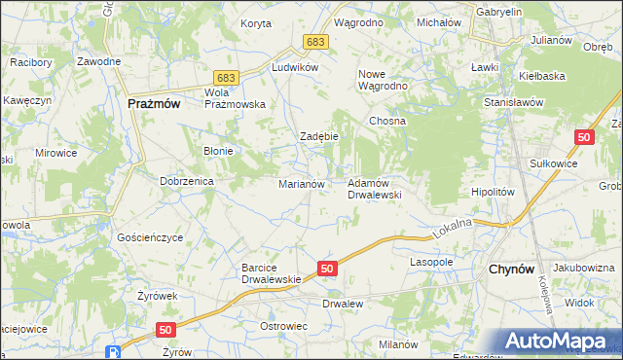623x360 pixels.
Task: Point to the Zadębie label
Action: [318, 136]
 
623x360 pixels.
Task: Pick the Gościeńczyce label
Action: [150, 237]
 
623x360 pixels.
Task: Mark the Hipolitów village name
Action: [492, 193]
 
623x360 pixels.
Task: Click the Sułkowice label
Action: [551, 163]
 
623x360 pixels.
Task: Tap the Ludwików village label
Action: [296, 67]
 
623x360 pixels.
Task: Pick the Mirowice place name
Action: [55, 153]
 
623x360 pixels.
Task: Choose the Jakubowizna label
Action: [583, 267]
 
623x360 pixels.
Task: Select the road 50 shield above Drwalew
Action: [327, 268]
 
